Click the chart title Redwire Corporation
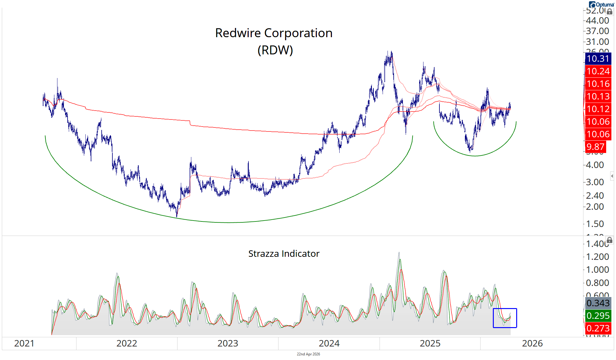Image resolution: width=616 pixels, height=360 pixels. click(x=274, y=33)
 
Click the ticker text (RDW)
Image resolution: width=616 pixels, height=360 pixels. click(x=275, y=50)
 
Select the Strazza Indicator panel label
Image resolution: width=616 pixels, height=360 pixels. click(x=284, y=254)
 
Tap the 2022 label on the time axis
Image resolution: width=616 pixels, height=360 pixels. click(x=127, y=343)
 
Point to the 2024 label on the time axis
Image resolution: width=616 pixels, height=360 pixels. click(x=329, y=343)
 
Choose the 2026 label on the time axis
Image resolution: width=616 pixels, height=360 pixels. click(x=532, y=343)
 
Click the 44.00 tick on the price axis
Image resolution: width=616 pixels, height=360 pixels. click(x=597, y=21)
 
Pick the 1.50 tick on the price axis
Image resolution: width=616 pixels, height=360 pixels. click(x=595, y=224)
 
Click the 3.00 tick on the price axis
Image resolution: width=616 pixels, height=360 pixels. click(x=595, y=182)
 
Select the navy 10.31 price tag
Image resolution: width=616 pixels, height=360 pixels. click(x=598, y=59)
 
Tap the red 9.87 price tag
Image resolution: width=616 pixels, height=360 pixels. click(x=595, y=147)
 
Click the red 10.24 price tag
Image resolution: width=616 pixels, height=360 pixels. click(x=598, y=71)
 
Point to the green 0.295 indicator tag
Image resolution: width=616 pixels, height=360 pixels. click(x=598, y=316)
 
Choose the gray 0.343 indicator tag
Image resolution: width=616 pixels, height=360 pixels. click(x=598, y=303)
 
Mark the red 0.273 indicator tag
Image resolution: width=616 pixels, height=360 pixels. click(x=598, y=328)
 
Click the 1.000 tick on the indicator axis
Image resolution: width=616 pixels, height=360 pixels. click(x=597, y=270)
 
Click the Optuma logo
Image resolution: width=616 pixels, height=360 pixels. click(x=601, y=4)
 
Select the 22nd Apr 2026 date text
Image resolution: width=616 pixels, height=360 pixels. click(x=308, y=354)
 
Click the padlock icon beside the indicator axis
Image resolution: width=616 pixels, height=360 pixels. click(x=610, y=240)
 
